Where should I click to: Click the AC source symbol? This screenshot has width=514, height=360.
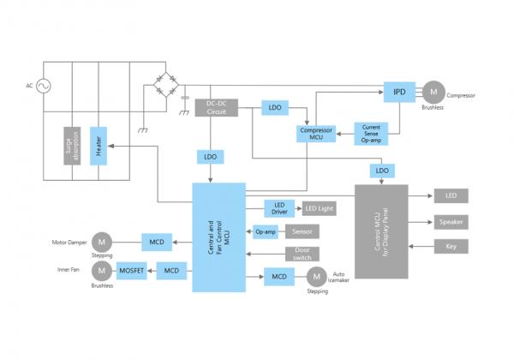tap(40, 87)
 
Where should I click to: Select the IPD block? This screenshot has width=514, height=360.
tap(399, 91)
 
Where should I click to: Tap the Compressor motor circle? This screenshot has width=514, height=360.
tap(433, 91)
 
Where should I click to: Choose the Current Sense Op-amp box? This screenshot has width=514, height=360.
tap(372, 133)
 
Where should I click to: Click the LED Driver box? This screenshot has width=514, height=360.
tap(278, 207)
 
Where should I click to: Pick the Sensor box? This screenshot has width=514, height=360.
tap(302, 231)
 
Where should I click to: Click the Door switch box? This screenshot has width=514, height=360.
tap(302, 255)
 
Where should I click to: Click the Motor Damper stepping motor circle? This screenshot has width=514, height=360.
tap(101, 240)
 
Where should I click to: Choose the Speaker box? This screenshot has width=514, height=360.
tap(451, 221)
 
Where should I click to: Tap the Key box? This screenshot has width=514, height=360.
tap(451, 247)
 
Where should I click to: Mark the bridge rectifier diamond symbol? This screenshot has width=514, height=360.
tap(167, 85)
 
